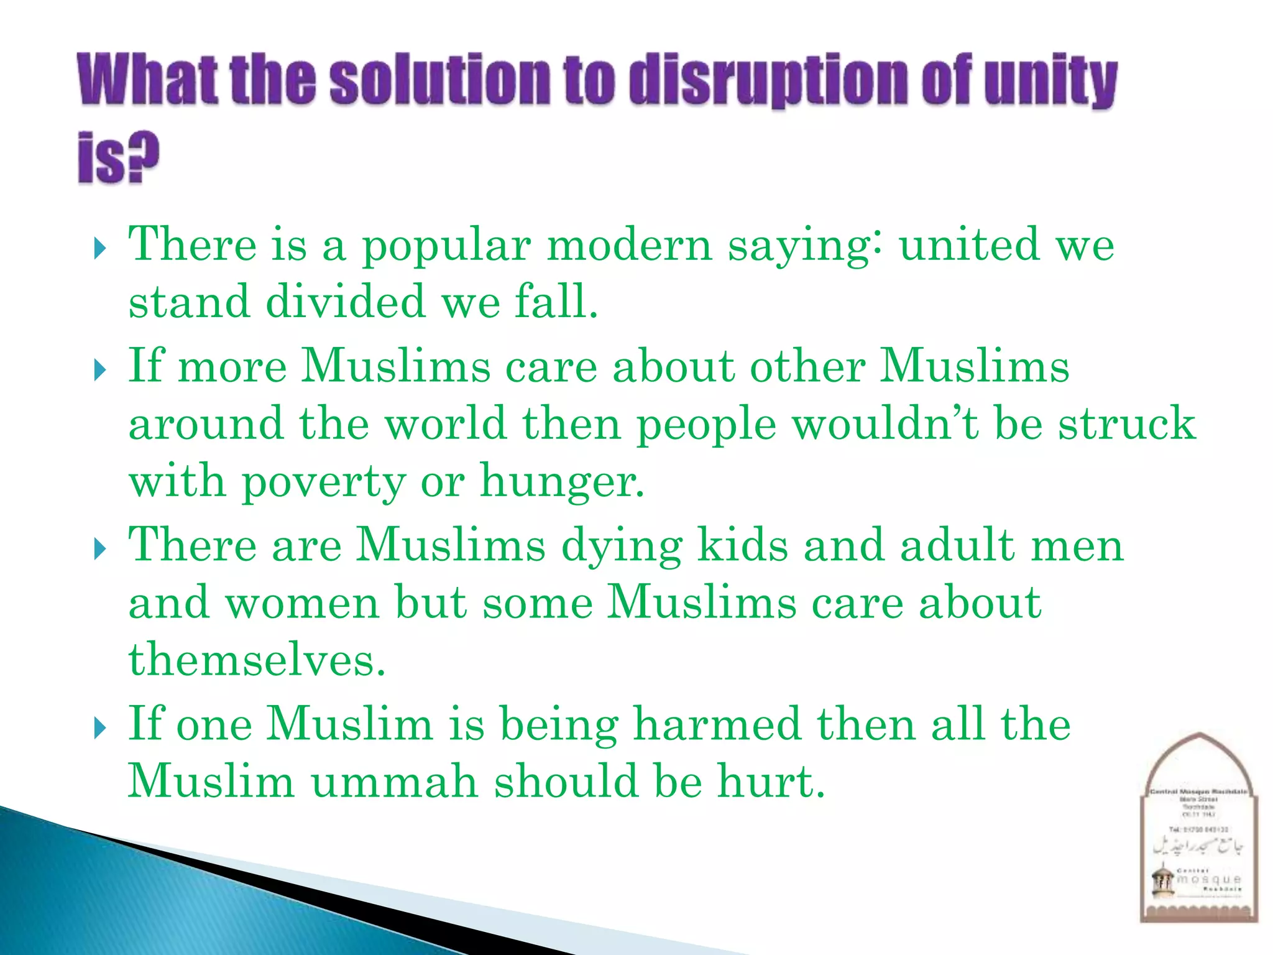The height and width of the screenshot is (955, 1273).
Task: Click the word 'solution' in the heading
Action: pos(439,81)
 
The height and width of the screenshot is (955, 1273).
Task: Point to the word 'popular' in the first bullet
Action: pos(446,246)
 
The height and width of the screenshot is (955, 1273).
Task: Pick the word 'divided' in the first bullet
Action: pos(346,302)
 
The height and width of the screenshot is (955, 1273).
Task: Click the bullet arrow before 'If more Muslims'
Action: pos(100,371)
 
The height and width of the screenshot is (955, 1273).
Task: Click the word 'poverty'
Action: pos(322,482)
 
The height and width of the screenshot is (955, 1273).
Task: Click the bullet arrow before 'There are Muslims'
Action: pos(100,550)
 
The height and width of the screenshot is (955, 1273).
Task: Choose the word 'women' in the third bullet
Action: pos(302,602)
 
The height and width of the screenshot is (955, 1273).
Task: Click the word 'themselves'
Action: pos(257,660)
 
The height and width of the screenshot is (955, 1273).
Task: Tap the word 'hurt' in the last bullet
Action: pos(770,782)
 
